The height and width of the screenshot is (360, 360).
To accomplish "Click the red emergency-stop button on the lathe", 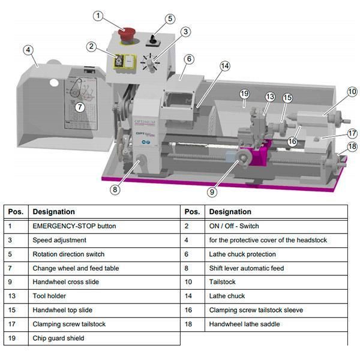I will point(127,34).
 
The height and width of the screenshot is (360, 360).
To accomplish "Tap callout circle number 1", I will point(98,16).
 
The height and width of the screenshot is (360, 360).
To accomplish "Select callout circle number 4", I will point(28,50).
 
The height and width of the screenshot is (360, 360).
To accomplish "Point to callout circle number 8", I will point(115,190).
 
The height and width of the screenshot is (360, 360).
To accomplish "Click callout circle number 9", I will point(212,192).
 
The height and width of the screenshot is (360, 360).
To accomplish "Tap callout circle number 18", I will point(352,146).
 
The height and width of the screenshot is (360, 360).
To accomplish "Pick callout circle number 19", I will point(244,94).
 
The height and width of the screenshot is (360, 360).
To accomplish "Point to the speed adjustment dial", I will point(149,63).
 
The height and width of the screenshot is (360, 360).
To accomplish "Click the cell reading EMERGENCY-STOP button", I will point(74,226).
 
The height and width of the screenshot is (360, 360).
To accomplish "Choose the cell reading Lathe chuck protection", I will point(242,254).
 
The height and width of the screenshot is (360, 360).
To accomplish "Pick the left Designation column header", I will point(53,212).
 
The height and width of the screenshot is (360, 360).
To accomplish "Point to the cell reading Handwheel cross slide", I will point(65,281).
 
